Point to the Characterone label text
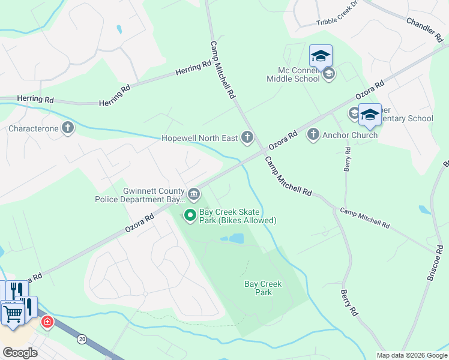tap(34, 128)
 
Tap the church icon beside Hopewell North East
tap(247, 137)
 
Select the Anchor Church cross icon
tap(313, 134)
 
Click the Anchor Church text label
tap(350, 135)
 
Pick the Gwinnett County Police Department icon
tap(194, 194)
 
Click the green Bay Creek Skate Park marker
tap(190, 214)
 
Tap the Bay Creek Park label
tap(263, 288)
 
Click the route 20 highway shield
tap(82, 339)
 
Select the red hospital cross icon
tap(47, 323)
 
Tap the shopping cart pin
tap(12, 312)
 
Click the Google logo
tap(20, 352)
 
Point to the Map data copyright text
tap(412, 355)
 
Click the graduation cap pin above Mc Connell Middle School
tap(321, 56)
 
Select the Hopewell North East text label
tap(200, 138)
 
